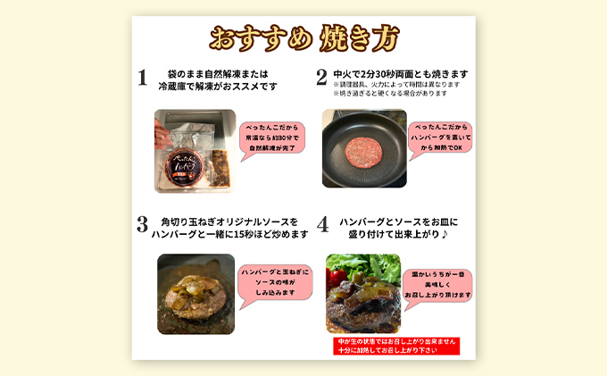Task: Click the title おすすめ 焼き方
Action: pyautogui.click(x=303, y=38)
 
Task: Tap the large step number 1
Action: pyautogui.click(x=142, y=78)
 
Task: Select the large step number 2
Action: pyautogui.click(x=321, y=78)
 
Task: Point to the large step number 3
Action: pyautogui.click(x=142, y=225)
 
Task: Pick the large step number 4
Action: pyautogui.click(x=321, y=225)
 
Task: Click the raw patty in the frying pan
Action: pyautogui.click(x=361, y=144)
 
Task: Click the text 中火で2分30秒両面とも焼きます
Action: pyautogui.click(x=400, y=73)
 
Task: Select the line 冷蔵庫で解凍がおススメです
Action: pyautogui.click(x=218, y=87)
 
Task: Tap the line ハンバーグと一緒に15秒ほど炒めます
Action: pyautogui.click(x=231, y=234)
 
